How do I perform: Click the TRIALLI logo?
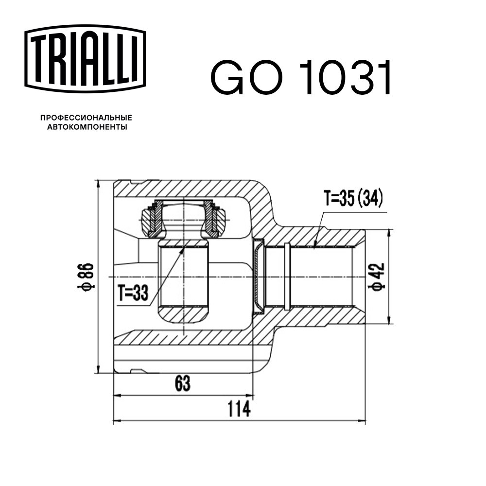click(x=85, y=59)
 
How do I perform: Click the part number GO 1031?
click(x=301, y=77)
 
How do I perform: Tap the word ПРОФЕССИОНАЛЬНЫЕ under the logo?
click(x=86, y=118)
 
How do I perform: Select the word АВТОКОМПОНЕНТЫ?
click(x=87, y=127)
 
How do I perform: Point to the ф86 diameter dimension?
click(x=85, y=277)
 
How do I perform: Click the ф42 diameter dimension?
click(x=376, y=277)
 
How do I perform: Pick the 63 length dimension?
click(x=183, y=383)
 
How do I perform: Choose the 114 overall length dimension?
click(x=239, y=409)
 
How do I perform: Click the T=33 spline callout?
click(x=133, y=293)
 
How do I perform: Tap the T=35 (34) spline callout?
click(x=353, y=198)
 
